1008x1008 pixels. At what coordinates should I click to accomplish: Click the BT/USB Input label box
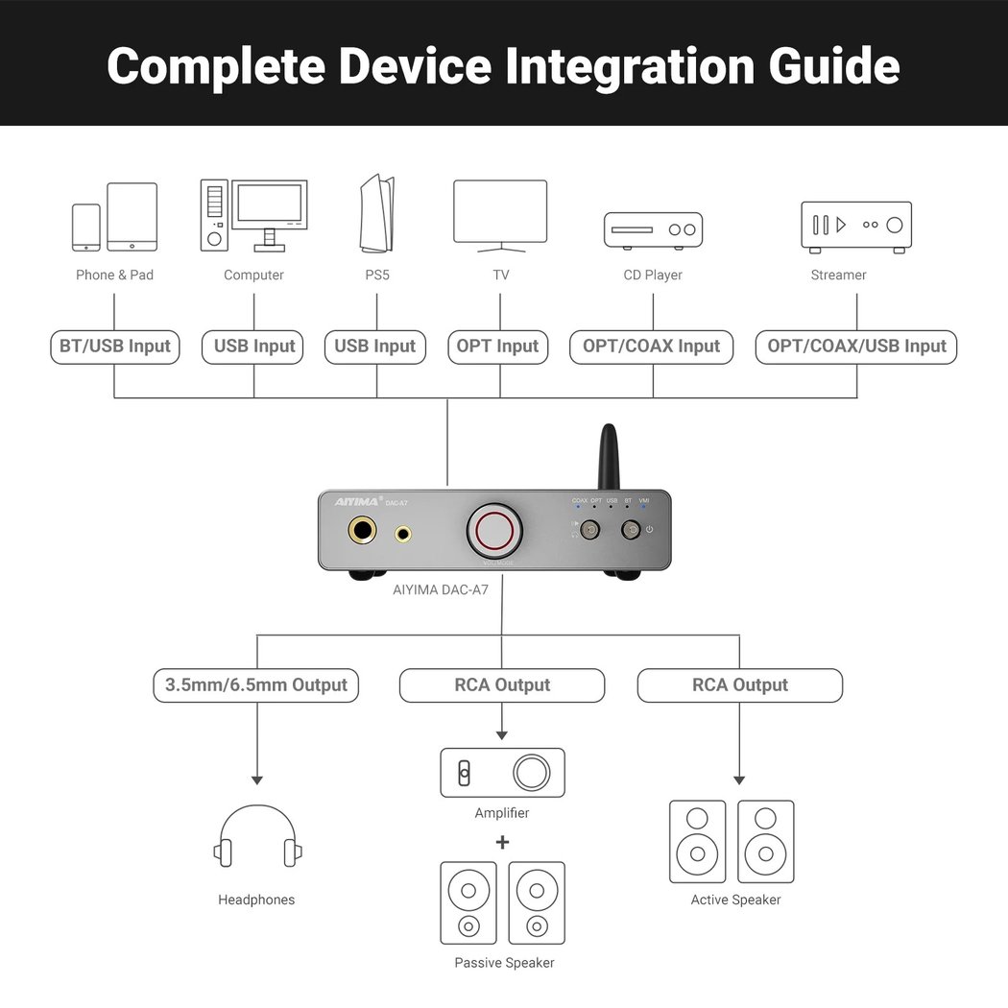point(115,347)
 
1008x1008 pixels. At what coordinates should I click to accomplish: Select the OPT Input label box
point(497,347)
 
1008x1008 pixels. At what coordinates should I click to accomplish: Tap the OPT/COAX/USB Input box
point(856,347)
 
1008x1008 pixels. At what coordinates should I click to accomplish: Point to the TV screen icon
point(500,212)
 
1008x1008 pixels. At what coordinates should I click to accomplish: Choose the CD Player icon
point(653,230)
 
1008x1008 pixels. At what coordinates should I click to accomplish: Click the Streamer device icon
point(856,227)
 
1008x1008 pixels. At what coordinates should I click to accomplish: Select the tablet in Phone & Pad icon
point(132,216)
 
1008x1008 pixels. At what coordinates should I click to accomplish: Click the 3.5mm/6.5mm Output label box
point(255,685)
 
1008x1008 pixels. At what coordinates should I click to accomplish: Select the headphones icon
point(257,837)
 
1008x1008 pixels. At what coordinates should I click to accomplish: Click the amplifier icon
point(502,773)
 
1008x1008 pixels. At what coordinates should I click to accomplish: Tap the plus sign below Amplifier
point(502,843)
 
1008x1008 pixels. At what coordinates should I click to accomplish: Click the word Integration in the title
point(628,65)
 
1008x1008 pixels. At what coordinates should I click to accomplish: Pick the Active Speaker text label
point(735,900)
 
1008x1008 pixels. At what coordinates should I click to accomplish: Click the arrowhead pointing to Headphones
point(256,780)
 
